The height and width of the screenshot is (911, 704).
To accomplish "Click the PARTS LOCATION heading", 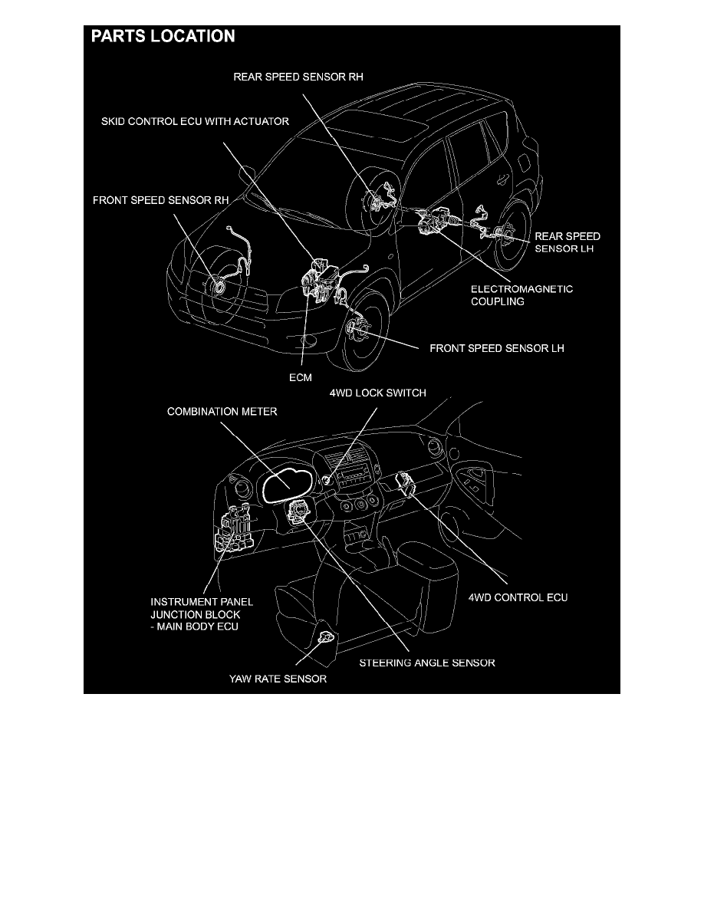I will [163, 36].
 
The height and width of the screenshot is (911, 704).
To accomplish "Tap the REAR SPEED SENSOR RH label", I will [304, 77].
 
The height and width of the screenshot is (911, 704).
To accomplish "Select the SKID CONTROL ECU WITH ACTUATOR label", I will [196, 122].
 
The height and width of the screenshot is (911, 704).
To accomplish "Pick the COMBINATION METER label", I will [222, 412].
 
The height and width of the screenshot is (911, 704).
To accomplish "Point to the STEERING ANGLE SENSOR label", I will [427, 663].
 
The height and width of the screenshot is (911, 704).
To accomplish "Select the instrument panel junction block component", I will [235, 530].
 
